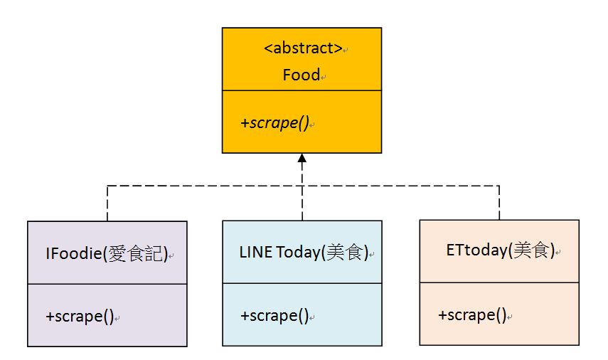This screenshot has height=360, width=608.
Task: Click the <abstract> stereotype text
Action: (x=303, y=49)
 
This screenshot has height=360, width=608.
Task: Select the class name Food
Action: (x=301, y=75)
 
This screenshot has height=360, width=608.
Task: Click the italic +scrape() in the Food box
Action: (x=274, y=122)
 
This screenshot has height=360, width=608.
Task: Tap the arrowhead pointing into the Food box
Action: (x=302, y=158)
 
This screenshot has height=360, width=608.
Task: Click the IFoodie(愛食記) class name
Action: (x=107, y=253)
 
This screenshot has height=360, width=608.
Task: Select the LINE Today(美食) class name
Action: (x=304, y=253)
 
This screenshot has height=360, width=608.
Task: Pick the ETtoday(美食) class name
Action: (x=500, y=250)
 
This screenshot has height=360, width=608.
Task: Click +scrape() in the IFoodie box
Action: (x=80, y=317)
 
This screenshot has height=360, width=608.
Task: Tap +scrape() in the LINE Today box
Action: (x=274, y=316)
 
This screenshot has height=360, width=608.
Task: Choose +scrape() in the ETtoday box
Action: (x=472, y=314)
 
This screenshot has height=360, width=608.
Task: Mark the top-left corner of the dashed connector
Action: (x=107, y=186)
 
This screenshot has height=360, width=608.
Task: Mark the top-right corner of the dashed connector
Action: (x=499, y=186)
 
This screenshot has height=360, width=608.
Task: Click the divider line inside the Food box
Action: (x=302, y=91)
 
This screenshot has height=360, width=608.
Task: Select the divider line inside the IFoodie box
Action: (x=107, y=284)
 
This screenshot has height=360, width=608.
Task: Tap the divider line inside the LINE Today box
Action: (x=302, y=284)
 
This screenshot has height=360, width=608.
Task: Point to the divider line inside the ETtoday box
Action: (x=499, y=282)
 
